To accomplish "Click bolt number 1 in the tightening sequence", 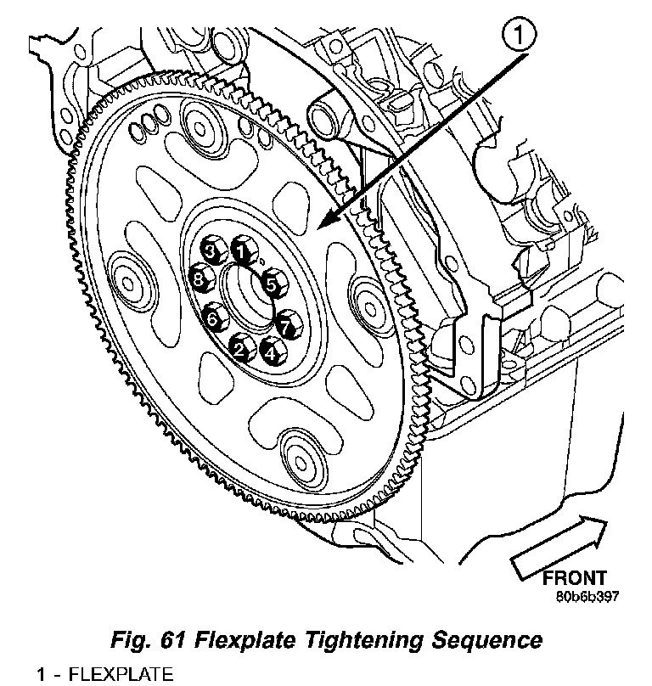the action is pyautogui.click(x=240, y=250).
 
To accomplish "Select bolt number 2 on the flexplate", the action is pyautogui.click(x=240, y=348).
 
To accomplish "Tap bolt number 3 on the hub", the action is pyautogui.click(x=212, y=251).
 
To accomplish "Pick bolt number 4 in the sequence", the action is pyautogui.click(x=273, y=351).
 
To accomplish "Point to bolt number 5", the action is pyautogui.click(x=272, y=284).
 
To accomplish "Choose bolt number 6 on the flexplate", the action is pyautogui.click(x=214, y=318).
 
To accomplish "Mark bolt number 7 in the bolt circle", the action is pyautogui.click(x=287, y=324).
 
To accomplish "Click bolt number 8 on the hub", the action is pyautogui.click(x=200, y=278).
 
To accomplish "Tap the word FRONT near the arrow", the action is pyautogui.click(x=575, y=578).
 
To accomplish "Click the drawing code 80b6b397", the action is pyautogui.click(x=587, y=597).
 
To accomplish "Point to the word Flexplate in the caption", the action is pyautogui.click(x=244, y=640).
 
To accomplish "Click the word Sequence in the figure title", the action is pyautogui.click(x=486, y=641).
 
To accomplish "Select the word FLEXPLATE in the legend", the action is pyautogui.click(x=121, y=675).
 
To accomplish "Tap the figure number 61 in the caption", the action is pyautogui.click(x=173, y=640).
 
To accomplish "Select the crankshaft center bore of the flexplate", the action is pyautogui.click(x=246, y=296).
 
